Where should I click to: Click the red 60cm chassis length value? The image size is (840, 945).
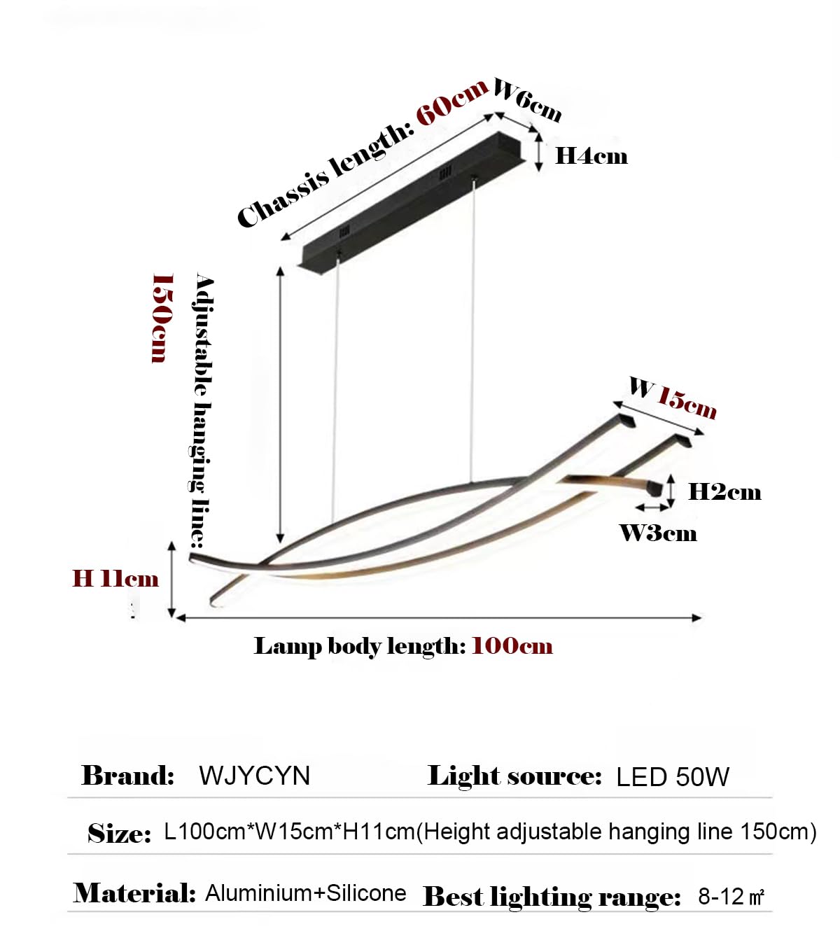[x=451, y=102]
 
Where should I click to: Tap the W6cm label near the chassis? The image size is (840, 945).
[x=527, y=100]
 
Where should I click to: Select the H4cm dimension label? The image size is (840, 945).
[x=591, y=156]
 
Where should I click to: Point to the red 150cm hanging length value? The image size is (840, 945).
[x=163, y=318]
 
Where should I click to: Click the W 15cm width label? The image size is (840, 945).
[x=673, y=398]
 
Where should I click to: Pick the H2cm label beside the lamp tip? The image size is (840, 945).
[x=724, y=492]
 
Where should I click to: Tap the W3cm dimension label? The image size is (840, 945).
[x=658, y=533]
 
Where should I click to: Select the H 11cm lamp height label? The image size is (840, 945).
[x=115, y=578]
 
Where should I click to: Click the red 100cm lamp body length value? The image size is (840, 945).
[x=512, y=646]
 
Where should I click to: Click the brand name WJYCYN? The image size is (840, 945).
[x=255, y=776]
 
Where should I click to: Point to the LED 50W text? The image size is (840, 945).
[x=673, y=777]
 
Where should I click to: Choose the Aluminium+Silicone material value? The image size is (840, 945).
[x=306, y=892]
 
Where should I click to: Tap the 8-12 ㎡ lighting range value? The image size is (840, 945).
[x=731, y=896]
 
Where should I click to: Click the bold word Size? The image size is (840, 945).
[x=120, y=834]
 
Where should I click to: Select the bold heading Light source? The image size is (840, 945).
[x=514, y=776]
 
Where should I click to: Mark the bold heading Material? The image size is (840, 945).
[x=134, y=892]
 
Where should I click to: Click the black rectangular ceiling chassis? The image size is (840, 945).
[x=414, y=204]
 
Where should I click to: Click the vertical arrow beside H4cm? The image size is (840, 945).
[x=539, y=152]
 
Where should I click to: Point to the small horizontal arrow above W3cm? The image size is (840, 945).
[x=652, y=507]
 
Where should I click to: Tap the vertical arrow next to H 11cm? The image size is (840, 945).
[x=171, y=580]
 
